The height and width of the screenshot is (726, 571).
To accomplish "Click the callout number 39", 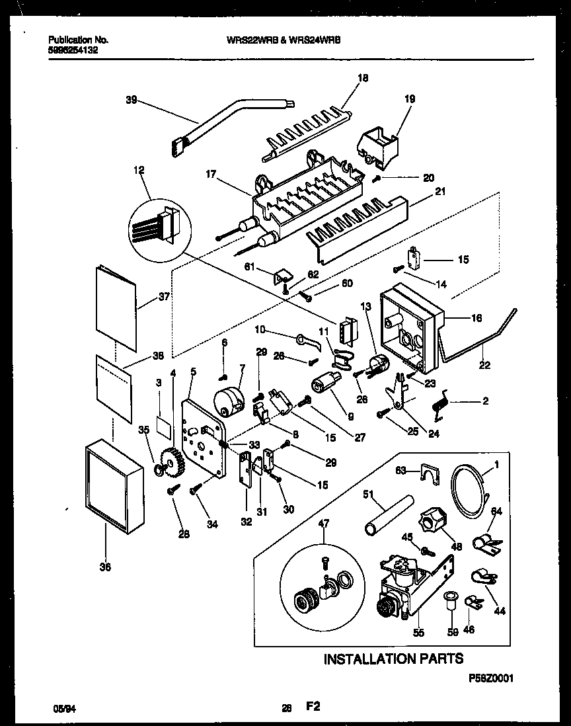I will click(131, 101).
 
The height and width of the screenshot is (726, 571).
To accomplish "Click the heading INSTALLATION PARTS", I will click(393, 658).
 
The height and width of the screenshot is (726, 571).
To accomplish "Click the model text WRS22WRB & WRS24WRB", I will click(284, 40).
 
